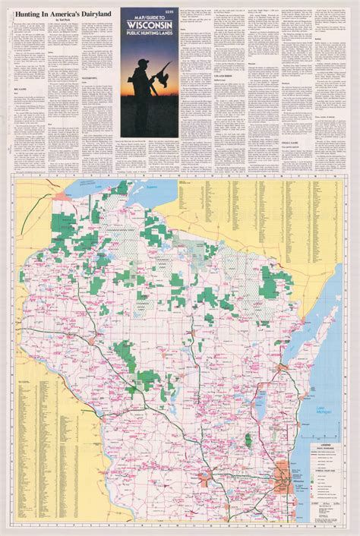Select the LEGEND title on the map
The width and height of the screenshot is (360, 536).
(x=325, y=443)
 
